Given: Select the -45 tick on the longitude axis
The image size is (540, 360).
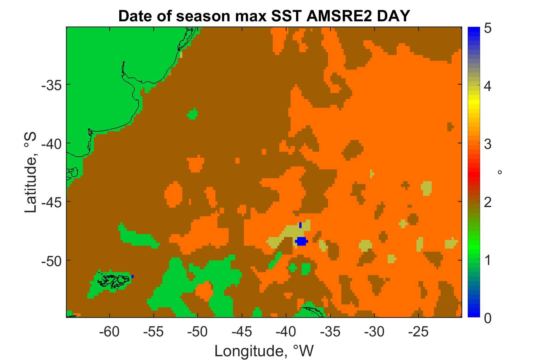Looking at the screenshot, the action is pyautogui.click(x=242, y=332).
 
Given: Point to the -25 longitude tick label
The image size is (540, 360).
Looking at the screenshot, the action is pyautogui.click(x=418, y=332).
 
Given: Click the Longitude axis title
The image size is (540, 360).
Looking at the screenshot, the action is pyautogui.click(x=264, y=351).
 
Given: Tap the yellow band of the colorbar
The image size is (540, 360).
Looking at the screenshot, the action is pyautogui.click(x=474, y=104).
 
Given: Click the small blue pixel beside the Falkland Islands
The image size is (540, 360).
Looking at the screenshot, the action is pyautogui.click(x=132, y=276).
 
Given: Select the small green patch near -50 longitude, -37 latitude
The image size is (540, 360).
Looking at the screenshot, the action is pyautogui.click(x=192, y=114).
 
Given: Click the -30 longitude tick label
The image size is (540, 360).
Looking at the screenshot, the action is pyautogui.click(x=374, y=332).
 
